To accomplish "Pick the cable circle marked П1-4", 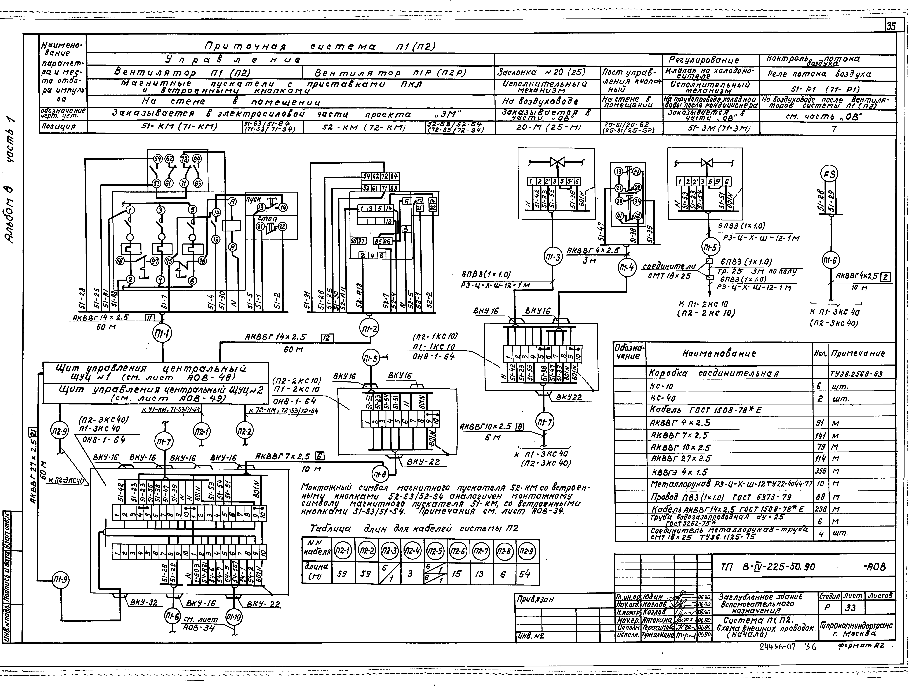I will (x=626, y=268).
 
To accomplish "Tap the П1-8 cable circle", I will (x=380, y=475).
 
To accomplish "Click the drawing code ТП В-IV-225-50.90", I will (x=768, y=567).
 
